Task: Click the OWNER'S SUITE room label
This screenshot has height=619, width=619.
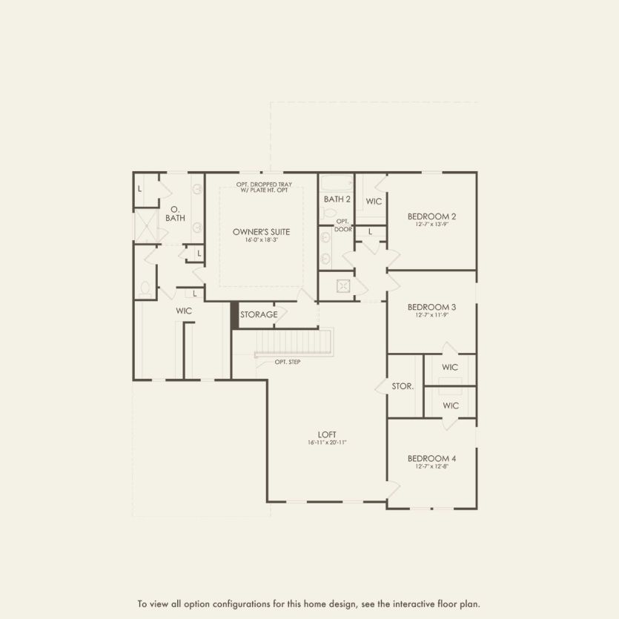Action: click(261, 231)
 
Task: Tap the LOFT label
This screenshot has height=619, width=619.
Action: click(327, 434)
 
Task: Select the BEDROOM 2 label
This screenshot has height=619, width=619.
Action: click(431, 216)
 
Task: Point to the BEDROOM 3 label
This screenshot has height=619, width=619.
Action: click(431, 307)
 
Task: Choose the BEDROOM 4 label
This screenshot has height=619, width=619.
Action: click(431, 458)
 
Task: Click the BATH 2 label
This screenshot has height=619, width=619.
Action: click(337, 199)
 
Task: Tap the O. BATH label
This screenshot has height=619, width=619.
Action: click(175, 213)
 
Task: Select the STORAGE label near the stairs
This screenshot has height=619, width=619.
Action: click(259, 314)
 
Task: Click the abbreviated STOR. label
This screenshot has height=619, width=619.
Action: click(403, 386)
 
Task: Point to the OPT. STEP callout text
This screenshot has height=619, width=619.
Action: click(287, 363)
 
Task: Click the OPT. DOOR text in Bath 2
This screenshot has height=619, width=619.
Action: click(342, 225)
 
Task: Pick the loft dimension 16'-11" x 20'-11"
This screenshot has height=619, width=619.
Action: click(327, 443)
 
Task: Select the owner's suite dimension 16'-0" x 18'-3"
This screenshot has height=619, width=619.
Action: click(261, 240)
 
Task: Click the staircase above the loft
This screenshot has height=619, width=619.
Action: click(294, 342)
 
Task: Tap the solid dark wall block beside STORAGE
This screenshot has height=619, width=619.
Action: click(234, 315)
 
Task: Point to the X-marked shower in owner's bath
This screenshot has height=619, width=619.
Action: click(146, 225)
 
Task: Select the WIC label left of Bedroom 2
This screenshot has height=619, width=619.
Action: click(374, 201)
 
